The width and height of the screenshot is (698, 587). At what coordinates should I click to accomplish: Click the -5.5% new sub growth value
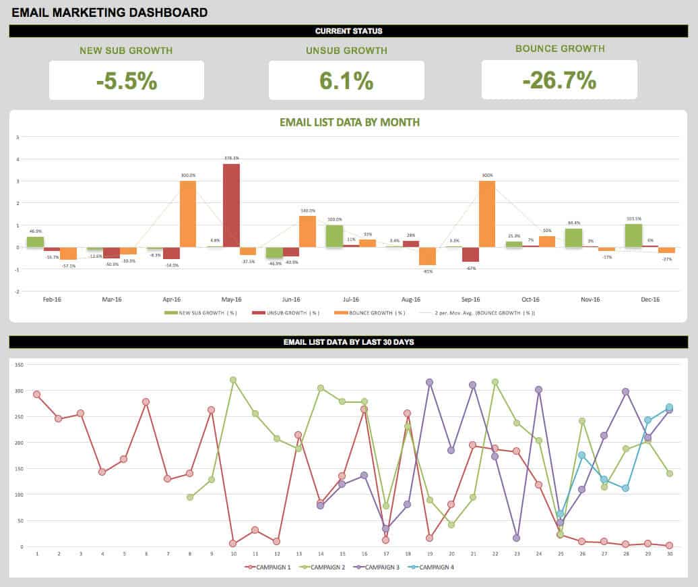127,81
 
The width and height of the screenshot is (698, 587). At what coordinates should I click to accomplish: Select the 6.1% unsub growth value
346,81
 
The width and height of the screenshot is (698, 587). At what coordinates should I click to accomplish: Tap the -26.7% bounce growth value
559,80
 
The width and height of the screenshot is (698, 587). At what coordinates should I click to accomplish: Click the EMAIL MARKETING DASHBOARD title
110,12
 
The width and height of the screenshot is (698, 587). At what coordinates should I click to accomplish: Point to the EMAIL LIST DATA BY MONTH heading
349,122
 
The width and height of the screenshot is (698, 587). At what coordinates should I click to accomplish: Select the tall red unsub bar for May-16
231,205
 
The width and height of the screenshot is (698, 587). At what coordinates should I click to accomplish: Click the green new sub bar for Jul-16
334,236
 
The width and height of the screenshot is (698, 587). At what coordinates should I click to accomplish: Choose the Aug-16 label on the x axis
411,299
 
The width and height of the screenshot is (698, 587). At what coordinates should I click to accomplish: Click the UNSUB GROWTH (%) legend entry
285,313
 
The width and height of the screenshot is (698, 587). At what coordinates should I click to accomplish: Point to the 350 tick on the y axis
19,365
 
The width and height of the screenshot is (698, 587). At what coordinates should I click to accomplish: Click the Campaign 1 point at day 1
37,395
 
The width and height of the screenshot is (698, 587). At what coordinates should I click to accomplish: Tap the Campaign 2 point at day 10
233,380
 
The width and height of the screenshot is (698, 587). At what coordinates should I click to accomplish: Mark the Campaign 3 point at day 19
429,383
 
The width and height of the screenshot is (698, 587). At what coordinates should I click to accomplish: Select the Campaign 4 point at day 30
669,408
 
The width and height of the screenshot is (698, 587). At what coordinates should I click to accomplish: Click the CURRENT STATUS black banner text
348,31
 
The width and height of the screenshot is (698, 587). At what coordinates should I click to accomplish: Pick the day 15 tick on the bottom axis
342,554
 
